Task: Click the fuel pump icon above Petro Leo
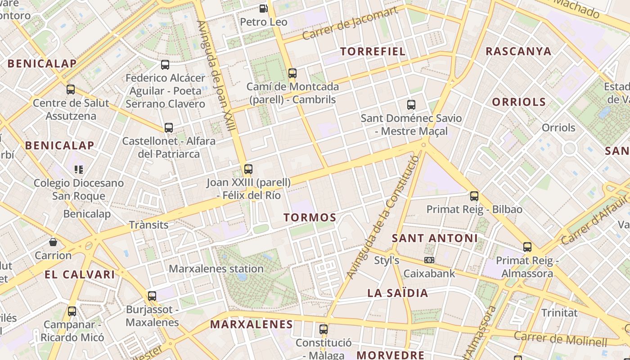click(263, 8)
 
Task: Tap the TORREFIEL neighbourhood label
click(373, 51)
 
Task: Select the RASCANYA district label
click(518, 51)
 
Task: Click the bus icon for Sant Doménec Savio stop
click(411, 105)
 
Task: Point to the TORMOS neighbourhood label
click(310, 218)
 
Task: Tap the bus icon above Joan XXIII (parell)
click(248, 169)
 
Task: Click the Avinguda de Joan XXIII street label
click(216, 76)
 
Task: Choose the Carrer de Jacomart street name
click(350, 23)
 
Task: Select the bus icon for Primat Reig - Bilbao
click(474, 196)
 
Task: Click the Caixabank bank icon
click(429, 260)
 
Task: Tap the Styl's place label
click(387, 261)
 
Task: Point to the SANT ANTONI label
click(434, 238)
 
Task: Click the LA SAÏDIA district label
click(398, 293)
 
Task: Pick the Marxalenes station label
click(216, 269)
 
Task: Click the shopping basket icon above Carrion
click(53, 242)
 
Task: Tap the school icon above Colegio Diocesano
click(79, 170)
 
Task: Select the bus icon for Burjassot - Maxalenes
click(152, 296)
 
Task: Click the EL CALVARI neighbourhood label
click(80, 274)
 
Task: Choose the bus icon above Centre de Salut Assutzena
click(71, 89)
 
